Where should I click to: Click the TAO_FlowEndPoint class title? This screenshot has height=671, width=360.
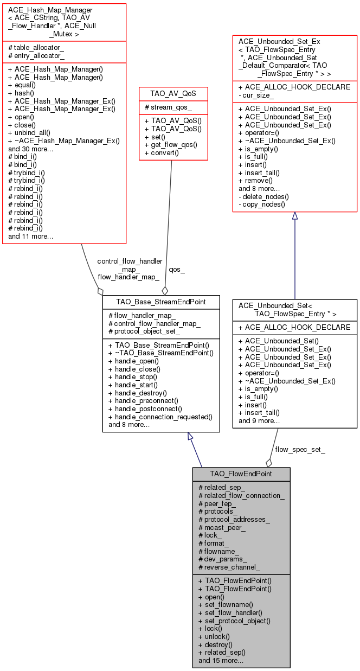pos(241,474)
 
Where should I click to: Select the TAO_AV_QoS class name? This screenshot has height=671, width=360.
pos(172,93)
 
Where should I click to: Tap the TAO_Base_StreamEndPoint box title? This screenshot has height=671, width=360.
pos(161,302)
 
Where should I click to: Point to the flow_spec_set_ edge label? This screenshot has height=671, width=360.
pos(300,449)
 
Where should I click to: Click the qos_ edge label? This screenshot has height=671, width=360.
pos(177,269)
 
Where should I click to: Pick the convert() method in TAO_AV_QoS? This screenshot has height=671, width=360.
pos(161,153)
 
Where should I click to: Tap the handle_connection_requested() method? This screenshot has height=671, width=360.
pos(160,417)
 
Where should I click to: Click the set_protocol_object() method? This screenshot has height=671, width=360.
pos(234,621)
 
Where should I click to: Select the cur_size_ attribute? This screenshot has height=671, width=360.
pos(258,95)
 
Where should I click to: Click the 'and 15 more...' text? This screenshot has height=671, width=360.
pos(221,661)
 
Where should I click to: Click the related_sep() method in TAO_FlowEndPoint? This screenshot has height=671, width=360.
pos(222,653)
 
